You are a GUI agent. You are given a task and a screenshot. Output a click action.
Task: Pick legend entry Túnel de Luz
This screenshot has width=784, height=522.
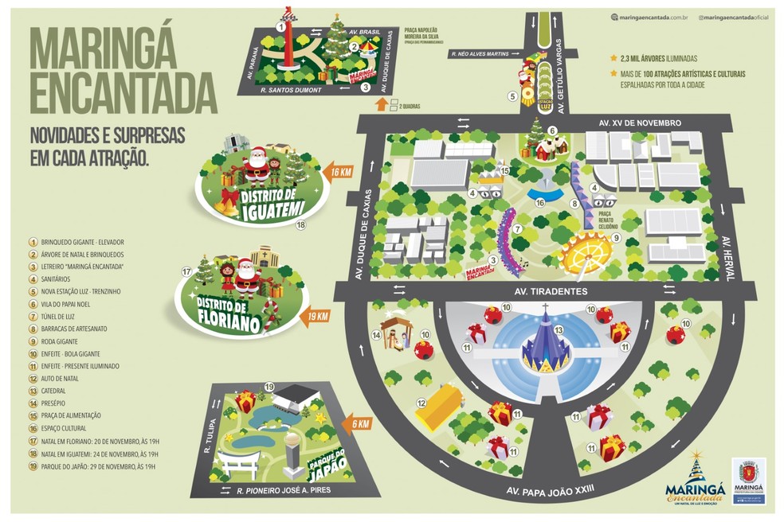tap(60, 316)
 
